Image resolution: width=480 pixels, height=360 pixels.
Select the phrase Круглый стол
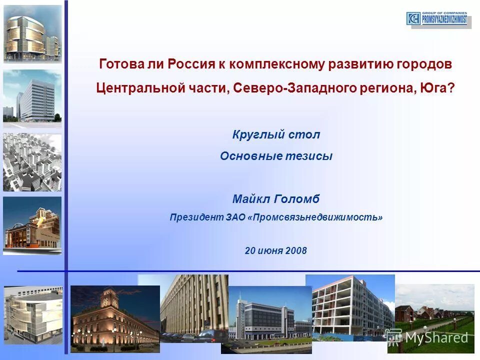click(276, 134)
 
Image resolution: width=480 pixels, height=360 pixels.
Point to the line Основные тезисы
click(276, 156)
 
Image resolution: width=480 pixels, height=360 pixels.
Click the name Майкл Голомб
click(276, 199)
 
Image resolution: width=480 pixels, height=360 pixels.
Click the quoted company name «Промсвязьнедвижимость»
click(315, 217)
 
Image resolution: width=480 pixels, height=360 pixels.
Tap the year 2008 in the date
click(296, 250)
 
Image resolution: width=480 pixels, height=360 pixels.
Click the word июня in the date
click(270, 250)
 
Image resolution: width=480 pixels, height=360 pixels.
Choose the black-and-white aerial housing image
click(32, 162)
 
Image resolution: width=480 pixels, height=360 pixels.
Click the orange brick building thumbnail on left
click(32, 225)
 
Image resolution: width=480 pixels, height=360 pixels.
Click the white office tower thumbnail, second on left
click(32, 97)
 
